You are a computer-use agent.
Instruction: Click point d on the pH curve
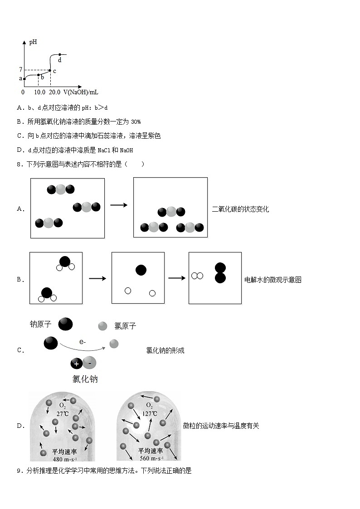[x=60, y=54]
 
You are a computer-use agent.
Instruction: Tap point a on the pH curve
[x=24, y=78]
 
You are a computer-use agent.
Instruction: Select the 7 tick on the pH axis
[x=20, y=70]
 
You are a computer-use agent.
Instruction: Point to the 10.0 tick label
[x=39, y=92]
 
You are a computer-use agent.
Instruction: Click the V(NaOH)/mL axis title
[x=81, y=92]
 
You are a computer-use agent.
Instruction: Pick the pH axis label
[x=33, y=43]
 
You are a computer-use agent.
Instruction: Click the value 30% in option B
[x=136, y=121]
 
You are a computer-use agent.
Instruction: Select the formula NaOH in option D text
[x=126, y=150]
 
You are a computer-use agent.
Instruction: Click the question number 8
[x=19, y=165]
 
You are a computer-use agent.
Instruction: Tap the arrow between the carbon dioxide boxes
[x=119, y=205]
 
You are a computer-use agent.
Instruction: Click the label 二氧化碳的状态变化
[x=240, y=209]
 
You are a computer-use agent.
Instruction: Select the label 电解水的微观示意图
[x=273, y=280]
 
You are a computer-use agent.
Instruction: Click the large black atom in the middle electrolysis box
[x=141, y=270]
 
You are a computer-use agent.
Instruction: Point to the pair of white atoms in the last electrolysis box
[x=197, y=276]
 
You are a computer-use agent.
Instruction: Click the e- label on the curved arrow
[x=83, y=342]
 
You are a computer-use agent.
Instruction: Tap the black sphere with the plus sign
[x=77, y=364]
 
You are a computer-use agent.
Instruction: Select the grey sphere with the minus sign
[x=90, y=363]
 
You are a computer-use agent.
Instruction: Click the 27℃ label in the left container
[x=63, y=414]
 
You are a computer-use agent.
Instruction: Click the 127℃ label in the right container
[x=149, y=414]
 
